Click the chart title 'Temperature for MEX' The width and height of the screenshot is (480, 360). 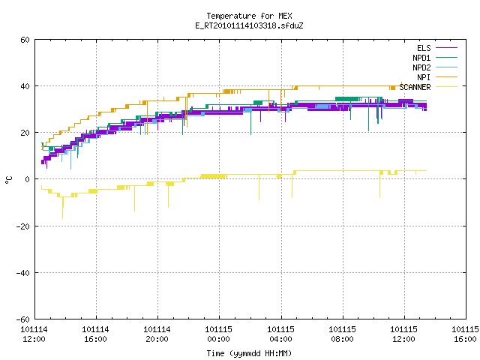coord(249,16)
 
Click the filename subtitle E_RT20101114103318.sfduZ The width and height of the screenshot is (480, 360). coord(249,25)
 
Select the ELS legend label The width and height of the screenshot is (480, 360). coord(424,48)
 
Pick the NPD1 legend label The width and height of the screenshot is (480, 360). coord(421,58)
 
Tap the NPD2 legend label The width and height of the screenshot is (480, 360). coord(421,67)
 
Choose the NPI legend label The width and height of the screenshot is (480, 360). coord(424,77)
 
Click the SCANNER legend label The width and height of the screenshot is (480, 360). coord(415,87)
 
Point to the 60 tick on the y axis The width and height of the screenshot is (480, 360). coord(25,40)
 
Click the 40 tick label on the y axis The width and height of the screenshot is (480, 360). coord(25,86)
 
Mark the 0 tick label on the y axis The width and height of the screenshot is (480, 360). coord(28,179)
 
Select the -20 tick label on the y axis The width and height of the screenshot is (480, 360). coord(23,226)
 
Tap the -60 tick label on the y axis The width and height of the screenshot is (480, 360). coord(23,319)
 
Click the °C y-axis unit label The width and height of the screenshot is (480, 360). coord(8,180)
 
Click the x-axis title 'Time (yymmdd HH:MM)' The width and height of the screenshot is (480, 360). coord(249,353)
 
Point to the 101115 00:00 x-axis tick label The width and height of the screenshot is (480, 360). coord(218,334)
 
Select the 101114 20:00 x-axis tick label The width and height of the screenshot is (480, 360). coord(157,334)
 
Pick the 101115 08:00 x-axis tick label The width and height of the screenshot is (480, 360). coord(342,334)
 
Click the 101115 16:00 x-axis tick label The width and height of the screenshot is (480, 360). coord(465,334)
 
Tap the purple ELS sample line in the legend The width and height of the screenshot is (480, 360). coord(447,48)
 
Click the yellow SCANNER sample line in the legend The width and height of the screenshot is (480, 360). coord(447,87)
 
